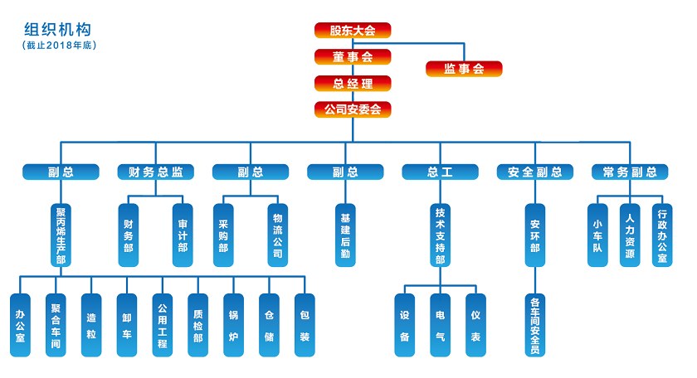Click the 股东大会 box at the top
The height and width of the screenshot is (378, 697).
coord(353,31)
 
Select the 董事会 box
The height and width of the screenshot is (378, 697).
coord(353,57)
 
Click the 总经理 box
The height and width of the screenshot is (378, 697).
coord(353,83)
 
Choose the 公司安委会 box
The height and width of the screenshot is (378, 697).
coord(353,109)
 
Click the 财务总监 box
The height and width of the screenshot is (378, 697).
coord(155,172)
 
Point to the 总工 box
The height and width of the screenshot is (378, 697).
coord(440,172)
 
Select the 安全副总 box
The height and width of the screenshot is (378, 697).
coord(535,172)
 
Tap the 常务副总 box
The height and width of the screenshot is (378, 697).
coord(630,172)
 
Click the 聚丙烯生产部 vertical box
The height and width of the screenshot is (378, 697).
coord(61,235)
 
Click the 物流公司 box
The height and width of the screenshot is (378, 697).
coord(278,235)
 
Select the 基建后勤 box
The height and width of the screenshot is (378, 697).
coord(345,235)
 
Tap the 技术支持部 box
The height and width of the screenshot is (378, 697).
coord(440,235)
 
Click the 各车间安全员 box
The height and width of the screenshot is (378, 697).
coord(535,325)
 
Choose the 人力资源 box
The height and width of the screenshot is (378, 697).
coord(630,235)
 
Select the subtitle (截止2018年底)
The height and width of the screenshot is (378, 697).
coord(60,45)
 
